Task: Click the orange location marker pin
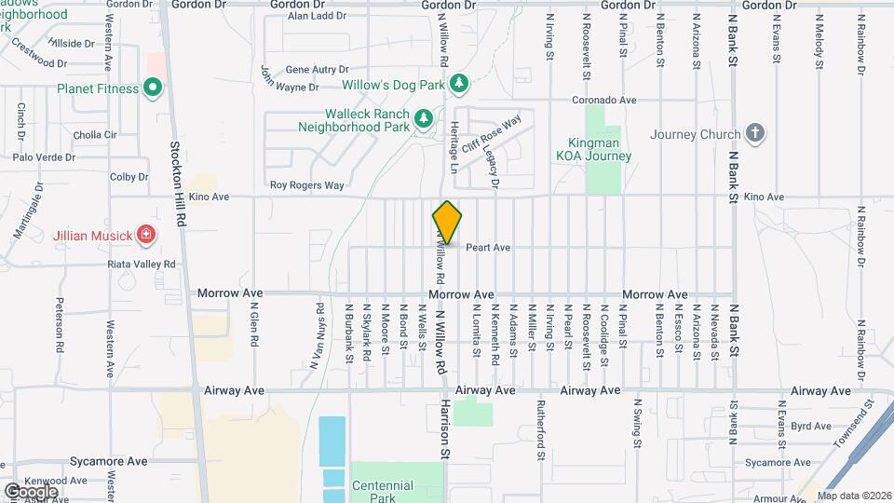(447, 223)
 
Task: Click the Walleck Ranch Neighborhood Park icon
(423, 118)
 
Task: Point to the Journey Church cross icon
(755, 133)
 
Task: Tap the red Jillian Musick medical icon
(145, 234)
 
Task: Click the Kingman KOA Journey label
(594, 149)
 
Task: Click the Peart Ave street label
(488, 248)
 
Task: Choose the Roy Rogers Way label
(307, 185)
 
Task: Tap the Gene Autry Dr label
(317, 70)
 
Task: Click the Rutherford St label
(540, 430)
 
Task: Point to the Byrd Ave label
(804, 426)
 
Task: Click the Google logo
(30, 491)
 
